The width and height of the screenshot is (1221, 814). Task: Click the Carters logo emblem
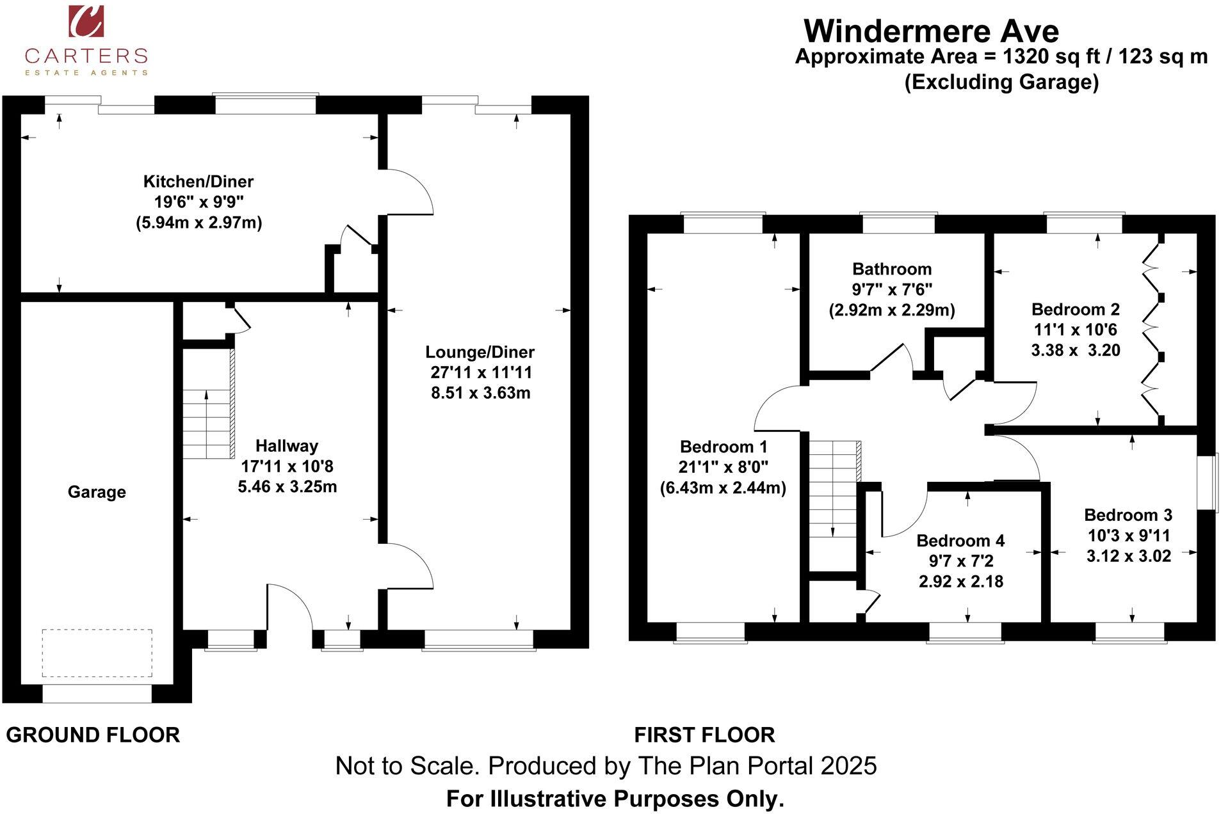[86, 21]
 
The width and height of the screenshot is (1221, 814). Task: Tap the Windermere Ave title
[931, 31]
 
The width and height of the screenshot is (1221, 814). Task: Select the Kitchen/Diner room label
[198, 181]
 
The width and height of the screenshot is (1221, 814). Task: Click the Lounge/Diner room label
[480, 352]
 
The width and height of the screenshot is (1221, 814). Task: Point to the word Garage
[97, 492]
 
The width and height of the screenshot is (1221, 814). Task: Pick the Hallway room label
[286, 446]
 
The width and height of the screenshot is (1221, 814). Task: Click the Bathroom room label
[891, 269]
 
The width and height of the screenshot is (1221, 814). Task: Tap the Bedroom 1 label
[723, 447]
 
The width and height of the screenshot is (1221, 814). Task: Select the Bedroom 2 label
[1075, 310]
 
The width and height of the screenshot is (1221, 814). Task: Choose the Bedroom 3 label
[1128, 515]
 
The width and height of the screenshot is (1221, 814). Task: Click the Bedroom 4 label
[960, 541]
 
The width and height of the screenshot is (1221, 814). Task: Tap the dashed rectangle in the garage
[97, 653]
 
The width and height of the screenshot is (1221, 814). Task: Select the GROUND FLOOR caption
[93, 735]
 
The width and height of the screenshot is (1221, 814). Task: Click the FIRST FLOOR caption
[704, 735]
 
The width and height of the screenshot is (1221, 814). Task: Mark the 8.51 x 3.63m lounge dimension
[480, 393]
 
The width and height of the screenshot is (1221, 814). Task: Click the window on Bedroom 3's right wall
[1208, 483]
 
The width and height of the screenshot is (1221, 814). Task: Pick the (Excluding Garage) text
[1001, 82]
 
